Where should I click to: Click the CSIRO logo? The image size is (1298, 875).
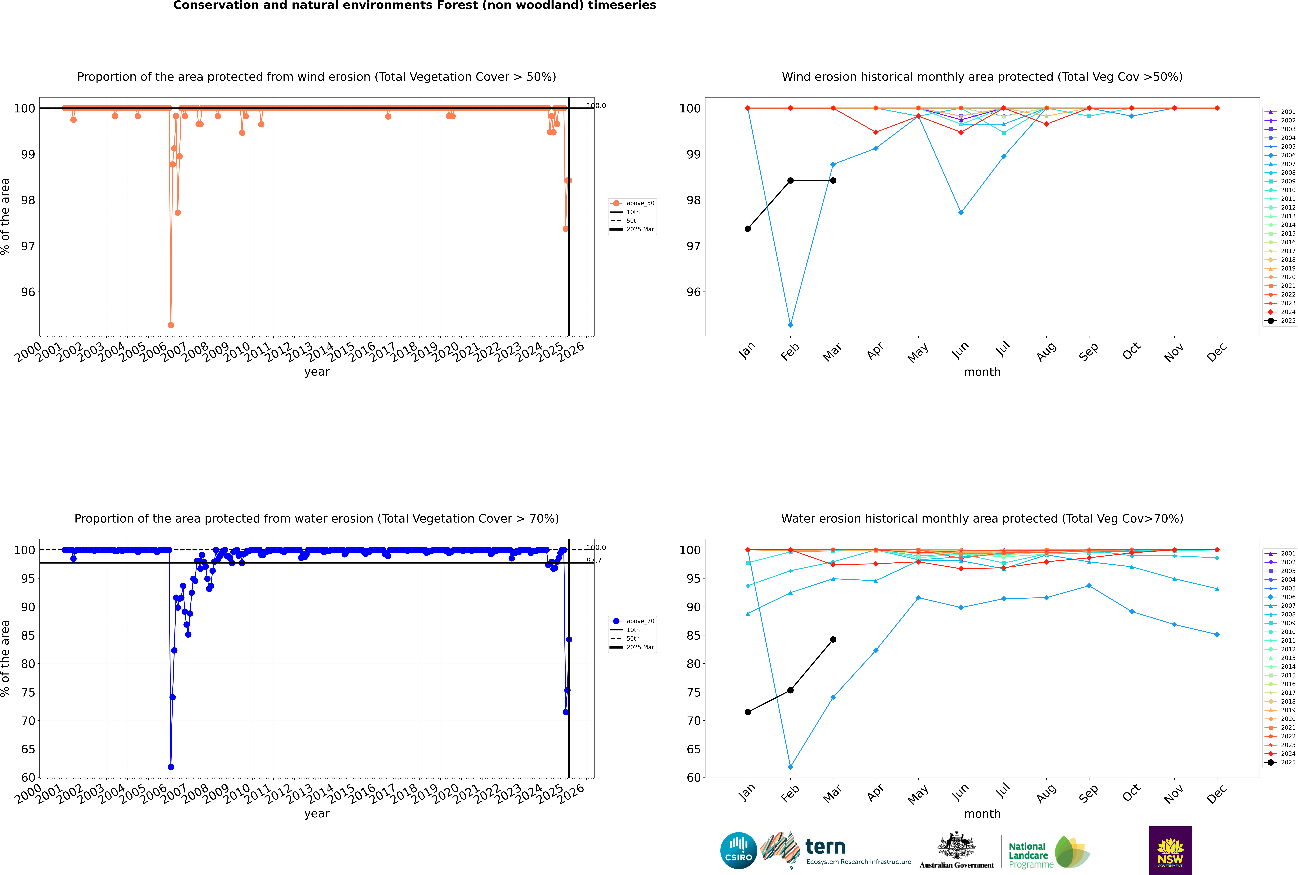[x=738, y=850]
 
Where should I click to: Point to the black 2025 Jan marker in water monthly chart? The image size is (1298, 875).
[x=748, y=712]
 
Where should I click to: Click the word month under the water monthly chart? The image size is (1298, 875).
[x=982, y=814]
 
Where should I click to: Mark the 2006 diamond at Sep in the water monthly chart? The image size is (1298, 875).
[x=1089, y=586]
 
